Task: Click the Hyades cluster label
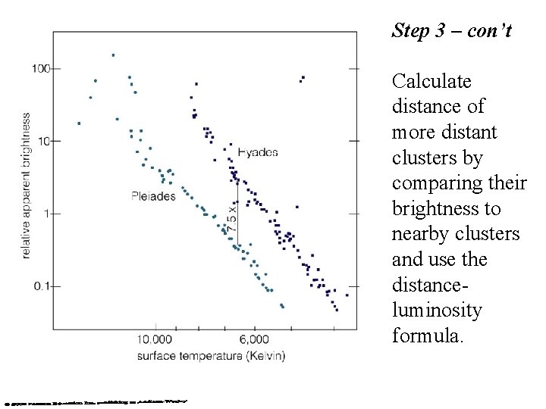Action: [x=258, y=152]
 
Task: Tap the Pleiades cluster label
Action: [x=153, y=196]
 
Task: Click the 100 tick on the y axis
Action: [x=40, y=69]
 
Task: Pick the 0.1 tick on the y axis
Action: [x=40, y=286]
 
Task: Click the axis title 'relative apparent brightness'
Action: [x=26, y=186]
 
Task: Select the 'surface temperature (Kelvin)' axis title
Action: [x=212, y=355]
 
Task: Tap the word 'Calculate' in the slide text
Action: [x=431, y=81]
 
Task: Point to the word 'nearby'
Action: [x=419, y=234]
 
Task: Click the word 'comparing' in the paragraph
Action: [x=432, y=183]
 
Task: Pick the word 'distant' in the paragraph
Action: [x=471, y=132]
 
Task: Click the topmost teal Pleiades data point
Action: [x=113, y=55]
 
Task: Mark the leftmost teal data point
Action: [x=79, y=123]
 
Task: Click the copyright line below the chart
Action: [x=95, y=401]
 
